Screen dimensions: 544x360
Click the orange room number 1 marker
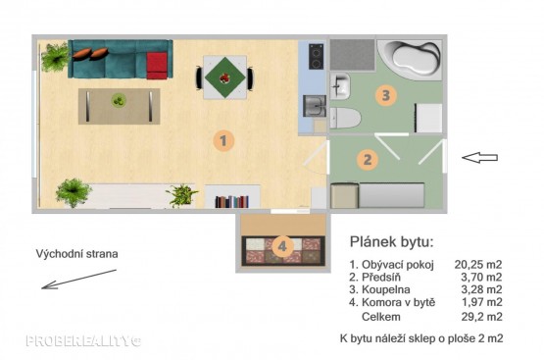223,140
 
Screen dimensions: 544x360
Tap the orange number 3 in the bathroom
386,95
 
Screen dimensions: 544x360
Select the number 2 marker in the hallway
368,159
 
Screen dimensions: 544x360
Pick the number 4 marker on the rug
282,246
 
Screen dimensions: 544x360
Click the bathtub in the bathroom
410,60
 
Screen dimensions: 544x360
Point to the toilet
345,118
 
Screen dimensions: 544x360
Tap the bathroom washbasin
340,86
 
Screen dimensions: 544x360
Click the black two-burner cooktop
316,57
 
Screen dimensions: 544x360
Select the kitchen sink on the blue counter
315,106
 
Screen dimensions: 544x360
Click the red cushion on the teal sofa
157,66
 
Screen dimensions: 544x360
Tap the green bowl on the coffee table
119,100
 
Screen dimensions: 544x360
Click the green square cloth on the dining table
225,77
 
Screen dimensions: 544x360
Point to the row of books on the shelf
231,202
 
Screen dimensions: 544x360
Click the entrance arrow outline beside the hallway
480,158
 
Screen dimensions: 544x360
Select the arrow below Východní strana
78,280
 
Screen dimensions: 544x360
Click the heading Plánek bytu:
392,241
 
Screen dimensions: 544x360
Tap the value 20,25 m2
478,265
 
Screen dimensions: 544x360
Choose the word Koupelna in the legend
386,289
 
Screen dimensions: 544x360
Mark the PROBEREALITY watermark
83,341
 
